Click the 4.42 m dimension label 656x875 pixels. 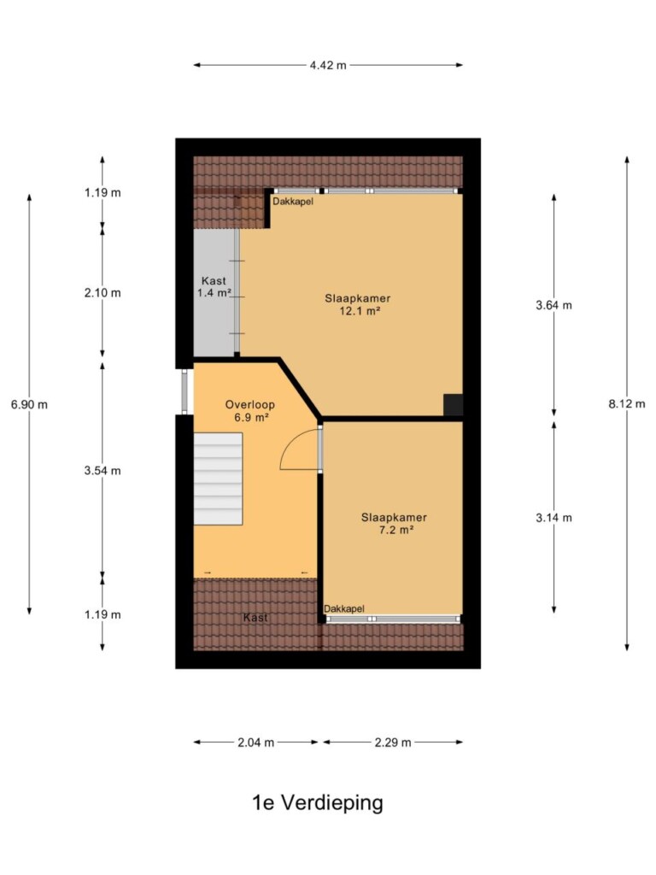328,65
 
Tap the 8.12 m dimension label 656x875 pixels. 626,404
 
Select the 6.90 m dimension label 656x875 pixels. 30,404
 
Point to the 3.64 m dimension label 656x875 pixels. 553,305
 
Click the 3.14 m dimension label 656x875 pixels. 553,518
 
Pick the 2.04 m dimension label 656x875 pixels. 256,743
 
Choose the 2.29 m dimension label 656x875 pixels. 393,743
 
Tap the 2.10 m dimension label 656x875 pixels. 102,293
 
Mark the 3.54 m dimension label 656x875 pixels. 102,471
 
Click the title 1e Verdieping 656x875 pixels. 318,803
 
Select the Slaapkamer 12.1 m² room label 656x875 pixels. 358,305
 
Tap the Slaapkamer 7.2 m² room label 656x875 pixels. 395,524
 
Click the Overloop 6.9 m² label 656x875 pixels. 250,411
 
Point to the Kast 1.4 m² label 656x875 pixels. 214,287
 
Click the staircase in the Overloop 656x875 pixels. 218,479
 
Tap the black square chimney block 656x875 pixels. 453,404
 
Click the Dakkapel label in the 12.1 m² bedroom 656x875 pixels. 293,202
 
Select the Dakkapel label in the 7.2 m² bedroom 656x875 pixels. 344,608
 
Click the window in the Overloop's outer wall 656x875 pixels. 184,391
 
